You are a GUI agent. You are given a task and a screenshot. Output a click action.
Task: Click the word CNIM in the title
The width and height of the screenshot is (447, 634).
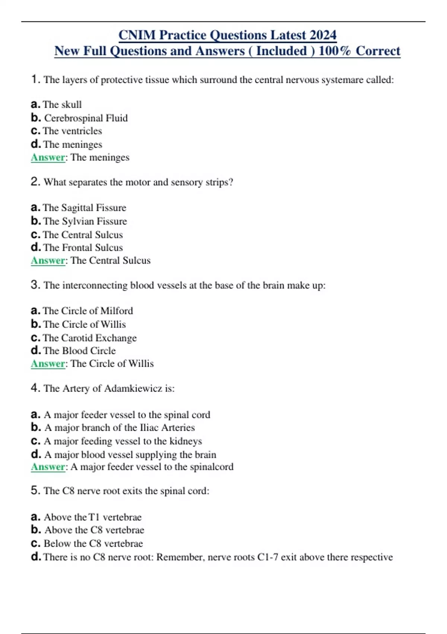tap(137, 35)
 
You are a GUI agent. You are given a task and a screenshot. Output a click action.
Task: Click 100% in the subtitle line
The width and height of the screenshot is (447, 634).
tap(335, 51)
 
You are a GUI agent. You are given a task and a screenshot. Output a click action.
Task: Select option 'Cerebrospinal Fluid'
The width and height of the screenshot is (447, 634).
tap(86, 118)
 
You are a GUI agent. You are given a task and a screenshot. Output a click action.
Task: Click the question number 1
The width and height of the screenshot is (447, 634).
tap(35, 79)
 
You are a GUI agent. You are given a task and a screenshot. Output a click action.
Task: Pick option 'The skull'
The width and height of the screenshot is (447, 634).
tap(62, 104)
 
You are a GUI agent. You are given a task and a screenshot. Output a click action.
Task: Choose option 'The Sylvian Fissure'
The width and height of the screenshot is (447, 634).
tap(85, 221)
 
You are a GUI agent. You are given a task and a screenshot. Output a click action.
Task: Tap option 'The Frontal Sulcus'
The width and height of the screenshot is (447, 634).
tap(83, 248)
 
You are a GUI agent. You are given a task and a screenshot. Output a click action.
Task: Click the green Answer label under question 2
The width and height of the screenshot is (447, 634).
tap(48, 260)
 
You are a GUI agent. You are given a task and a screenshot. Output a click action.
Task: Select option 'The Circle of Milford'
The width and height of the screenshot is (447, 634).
tap(88, 311)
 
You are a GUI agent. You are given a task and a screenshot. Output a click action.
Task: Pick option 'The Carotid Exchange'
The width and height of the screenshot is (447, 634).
tap(90, 338)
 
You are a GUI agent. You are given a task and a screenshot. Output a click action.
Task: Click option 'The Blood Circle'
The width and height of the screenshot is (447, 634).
tap(79, 351)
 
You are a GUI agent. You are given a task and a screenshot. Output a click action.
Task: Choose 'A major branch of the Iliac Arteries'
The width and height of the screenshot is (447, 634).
tap(119, 427)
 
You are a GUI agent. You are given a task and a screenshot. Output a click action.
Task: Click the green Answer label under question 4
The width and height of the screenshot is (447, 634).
tap(48, 467)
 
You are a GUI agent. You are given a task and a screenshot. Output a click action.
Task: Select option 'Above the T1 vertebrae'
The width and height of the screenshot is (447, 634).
tap(92, 517)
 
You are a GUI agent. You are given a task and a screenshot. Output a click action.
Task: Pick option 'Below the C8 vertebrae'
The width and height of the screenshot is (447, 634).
tap(93, 543)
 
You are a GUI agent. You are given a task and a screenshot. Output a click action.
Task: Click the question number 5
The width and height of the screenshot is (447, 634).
tap(35, 490)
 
